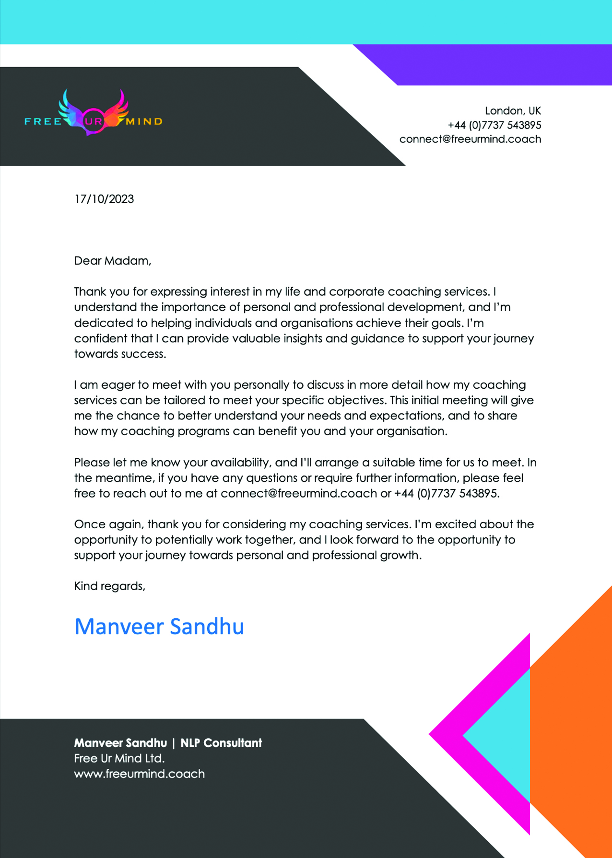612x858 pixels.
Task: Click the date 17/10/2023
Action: (x=104, y=199)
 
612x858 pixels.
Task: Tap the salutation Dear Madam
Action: (x=112, y=261)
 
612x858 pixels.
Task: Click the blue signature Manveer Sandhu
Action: (x=159, y=626)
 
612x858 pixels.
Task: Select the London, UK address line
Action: (x=513, y=111)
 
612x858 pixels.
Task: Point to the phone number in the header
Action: (x=494, y=125)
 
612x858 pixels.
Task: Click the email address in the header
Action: (x=470, y=139)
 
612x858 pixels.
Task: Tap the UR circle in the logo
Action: (x=93, y=121)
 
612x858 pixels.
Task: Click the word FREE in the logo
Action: (x=43, y=122)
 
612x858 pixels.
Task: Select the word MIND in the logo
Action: (x=144, y=122)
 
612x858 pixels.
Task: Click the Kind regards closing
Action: (x=109, y=586)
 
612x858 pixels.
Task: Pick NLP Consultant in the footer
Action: (x=221, y=743)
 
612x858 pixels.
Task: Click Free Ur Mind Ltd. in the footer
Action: (x=119, y=758)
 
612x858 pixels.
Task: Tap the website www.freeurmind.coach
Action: (x=139, y=774)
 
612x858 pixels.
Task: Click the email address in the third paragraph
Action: (x=298, y=493)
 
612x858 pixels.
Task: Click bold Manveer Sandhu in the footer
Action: (x=120, y=743)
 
